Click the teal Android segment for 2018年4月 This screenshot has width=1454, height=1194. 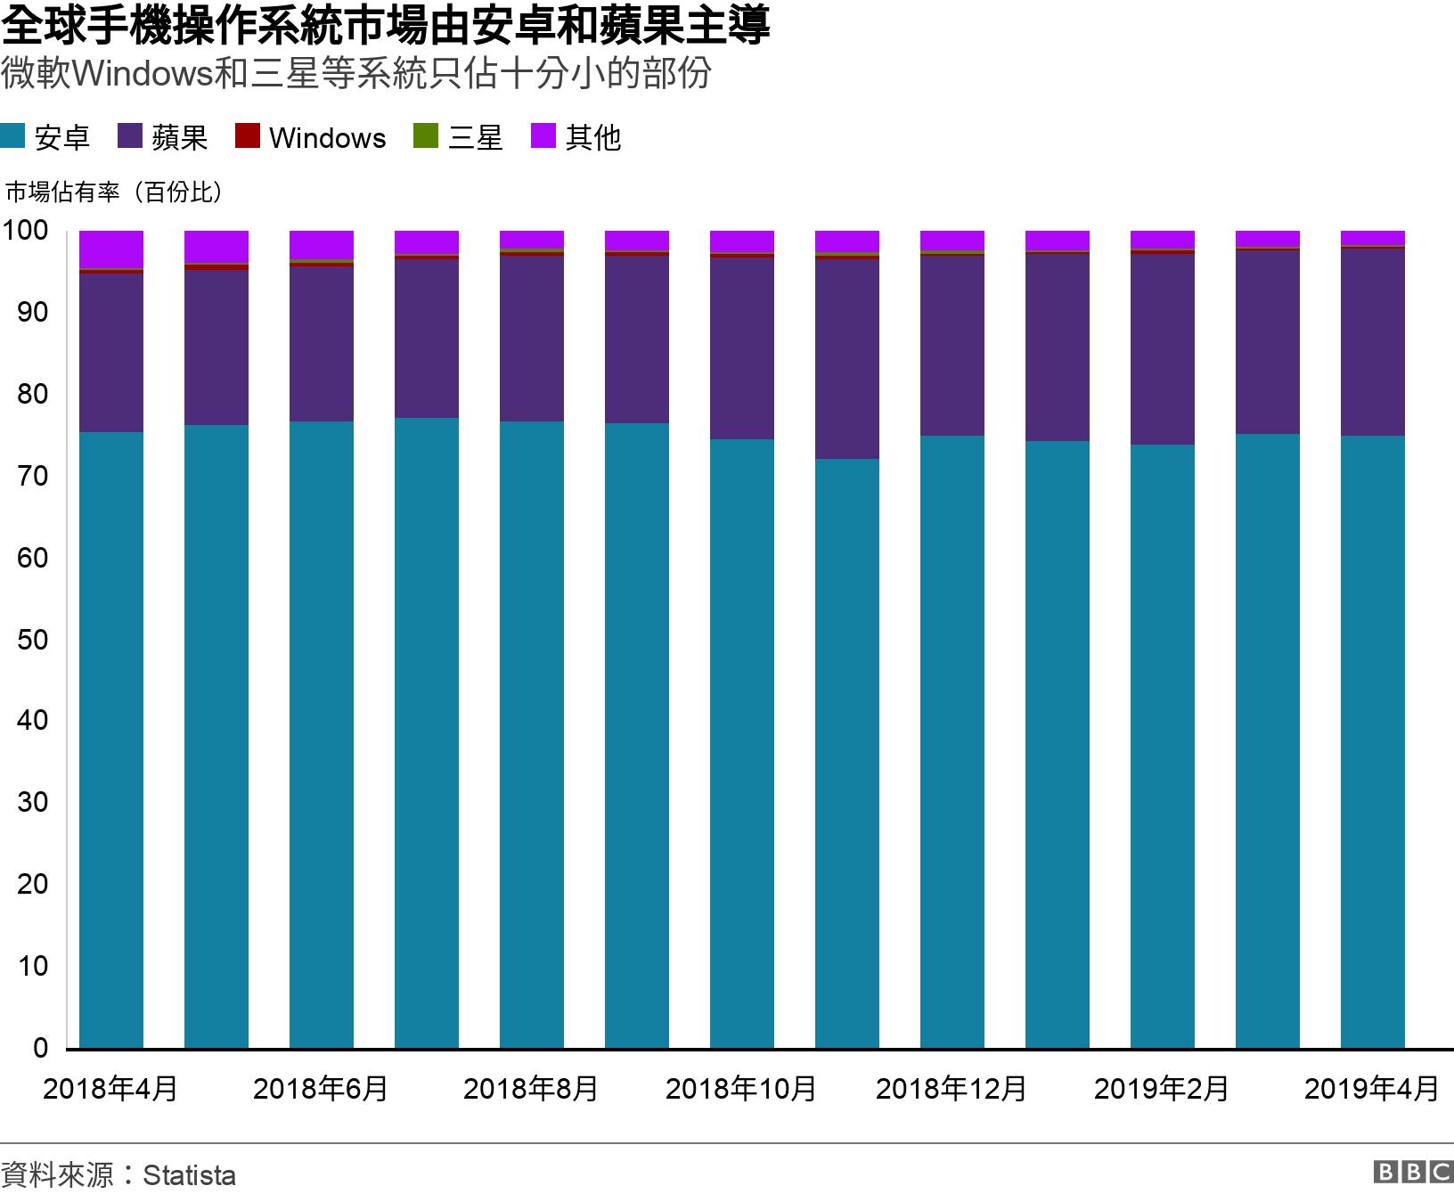[111, 740]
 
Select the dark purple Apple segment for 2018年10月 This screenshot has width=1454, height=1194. [742, 348]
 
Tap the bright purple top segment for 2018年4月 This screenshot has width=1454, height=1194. [111, 249]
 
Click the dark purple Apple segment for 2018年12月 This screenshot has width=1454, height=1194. [952, 346]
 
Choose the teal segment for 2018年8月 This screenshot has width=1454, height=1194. [532, 734]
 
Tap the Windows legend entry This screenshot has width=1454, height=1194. [311, 138]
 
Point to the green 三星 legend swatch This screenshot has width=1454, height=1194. [426, 136]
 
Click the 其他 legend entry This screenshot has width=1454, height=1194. [576, 138]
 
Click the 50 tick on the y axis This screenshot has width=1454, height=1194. [32, 640]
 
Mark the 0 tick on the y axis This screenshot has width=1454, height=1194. [40, 1048]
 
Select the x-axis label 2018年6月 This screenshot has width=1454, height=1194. [321, 1089]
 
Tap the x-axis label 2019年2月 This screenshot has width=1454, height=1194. [1161, 1089]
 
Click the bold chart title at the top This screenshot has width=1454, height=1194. [385, 27]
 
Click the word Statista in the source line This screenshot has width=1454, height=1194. [189, 1174]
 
